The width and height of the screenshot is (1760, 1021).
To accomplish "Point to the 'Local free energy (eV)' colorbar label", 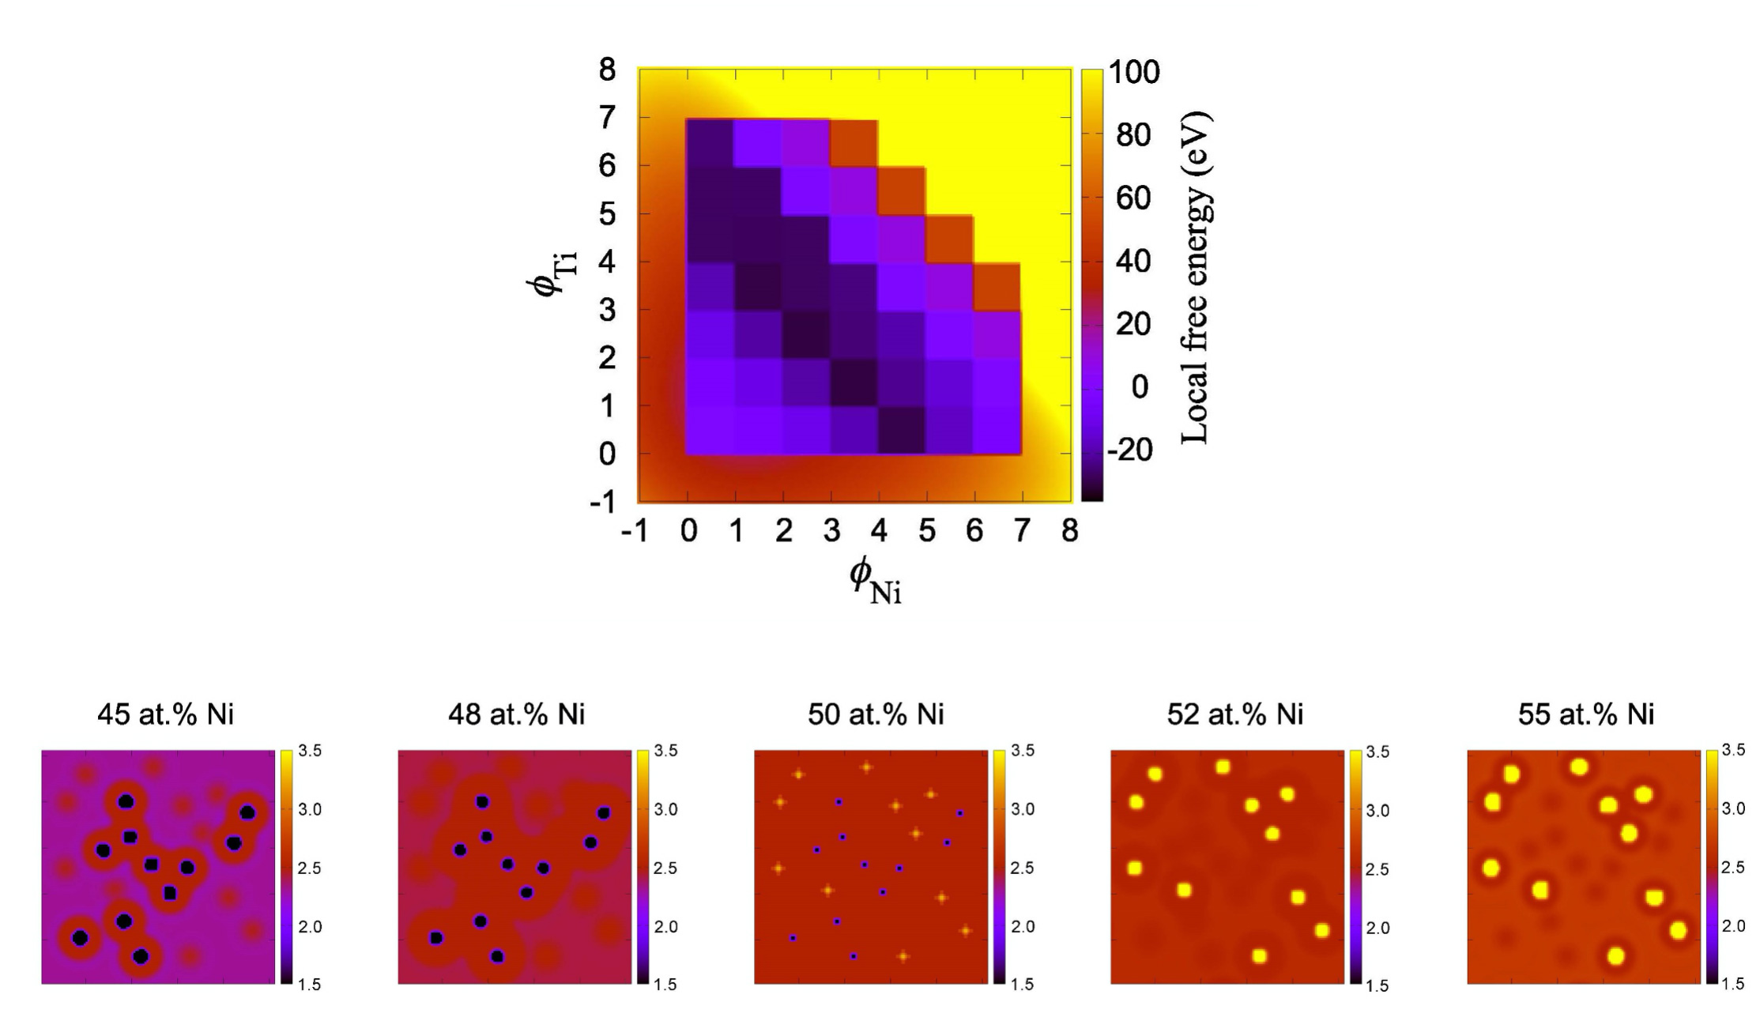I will (x=1195, y=279).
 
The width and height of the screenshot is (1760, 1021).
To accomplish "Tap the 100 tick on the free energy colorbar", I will (x=1134, y=73).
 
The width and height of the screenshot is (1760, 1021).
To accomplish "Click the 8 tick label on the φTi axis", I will (x=607, y=70).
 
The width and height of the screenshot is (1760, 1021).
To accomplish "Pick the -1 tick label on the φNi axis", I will (x=635, y=532).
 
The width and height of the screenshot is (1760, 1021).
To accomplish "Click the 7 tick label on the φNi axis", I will (x=1022, y=532).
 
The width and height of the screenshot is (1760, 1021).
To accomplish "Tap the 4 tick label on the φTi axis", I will (x=607, y=262).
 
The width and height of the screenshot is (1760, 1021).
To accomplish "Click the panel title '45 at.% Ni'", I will (x=165, y=714).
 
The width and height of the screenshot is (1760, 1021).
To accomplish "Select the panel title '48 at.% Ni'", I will (x=516, y=714).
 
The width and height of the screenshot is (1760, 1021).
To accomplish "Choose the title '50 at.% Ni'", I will (x=876, y=714).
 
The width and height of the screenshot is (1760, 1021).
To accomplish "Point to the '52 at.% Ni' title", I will (x=1234, y=714).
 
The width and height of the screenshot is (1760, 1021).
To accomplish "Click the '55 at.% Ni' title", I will (x=1585, y=714).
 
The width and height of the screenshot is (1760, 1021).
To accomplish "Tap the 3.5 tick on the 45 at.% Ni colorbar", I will (x=310, y=751).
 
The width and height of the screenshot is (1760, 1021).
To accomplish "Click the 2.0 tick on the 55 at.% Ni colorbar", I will (x=1733, y=926).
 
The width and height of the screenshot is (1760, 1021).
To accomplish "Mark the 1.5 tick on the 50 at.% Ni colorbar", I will (x=1023, y=985).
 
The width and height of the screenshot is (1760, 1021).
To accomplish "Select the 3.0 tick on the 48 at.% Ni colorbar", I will (x=666, y=809).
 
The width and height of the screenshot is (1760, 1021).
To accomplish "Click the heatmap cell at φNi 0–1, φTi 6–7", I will (x=710, y=142).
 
